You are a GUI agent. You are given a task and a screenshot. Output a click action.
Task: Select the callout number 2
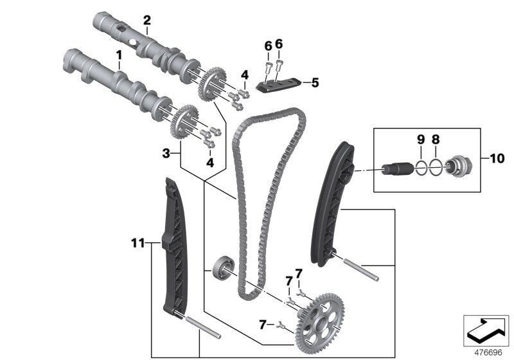(146, 21)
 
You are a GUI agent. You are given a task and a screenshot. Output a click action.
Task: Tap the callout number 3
(166, 154)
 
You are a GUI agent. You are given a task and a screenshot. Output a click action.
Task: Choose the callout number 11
(136, 243)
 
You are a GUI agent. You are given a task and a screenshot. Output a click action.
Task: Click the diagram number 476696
(486, 352)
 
